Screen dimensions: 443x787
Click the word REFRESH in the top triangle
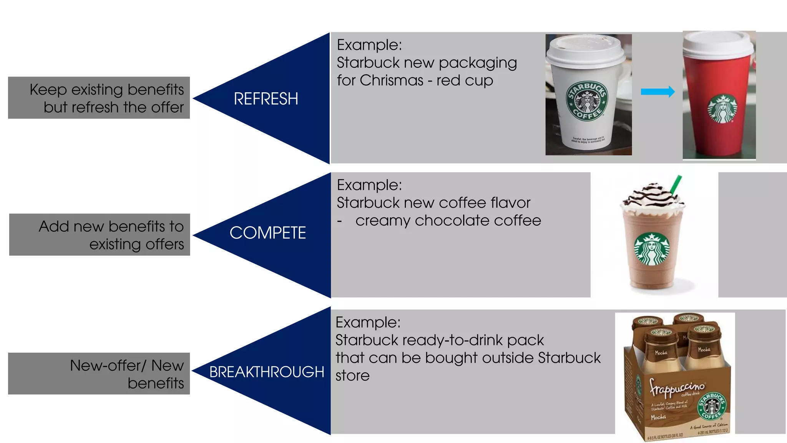coord(266,99)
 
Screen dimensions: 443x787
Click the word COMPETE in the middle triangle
coord(267,233)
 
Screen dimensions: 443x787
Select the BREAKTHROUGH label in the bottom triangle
coord(267,372)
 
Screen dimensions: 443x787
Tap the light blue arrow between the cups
coord(657,92)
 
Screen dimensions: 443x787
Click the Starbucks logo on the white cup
coord(587,101)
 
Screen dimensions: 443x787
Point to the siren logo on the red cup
coord(722,109)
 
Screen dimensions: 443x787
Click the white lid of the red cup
coord(718,44)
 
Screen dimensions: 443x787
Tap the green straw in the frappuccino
coord(676,185)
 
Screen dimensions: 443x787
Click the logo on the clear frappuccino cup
coord(652,249)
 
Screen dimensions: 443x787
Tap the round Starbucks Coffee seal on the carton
coord(711,406)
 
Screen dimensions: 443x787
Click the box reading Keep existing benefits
coord(99,98)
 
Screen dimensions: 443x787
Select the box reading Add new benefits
coord(100,235)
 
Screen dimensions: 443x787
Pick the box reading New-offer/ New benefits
coord(99,373)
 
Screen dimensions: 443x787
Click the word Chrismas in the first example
coord(391,80)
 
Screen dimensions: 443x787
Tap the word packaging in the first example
coord(478,63)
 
